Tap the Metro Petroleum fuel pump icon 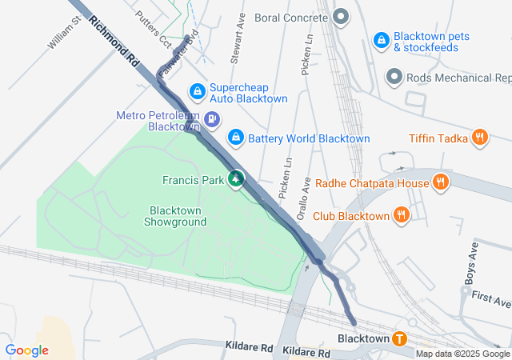[211, 120]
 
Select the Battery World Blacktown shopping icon [235, 138]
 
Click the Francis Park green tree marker [236, 180]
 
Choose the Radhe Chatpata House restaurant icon [440, 183]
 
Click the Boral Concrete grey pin [341, 17]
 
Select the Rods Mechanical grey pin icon [394, 78]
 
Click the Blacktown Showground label [174, 216]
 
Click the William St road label [64, 33]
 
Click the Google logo [26, 350]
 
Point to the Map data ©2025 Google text [462, 354]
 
